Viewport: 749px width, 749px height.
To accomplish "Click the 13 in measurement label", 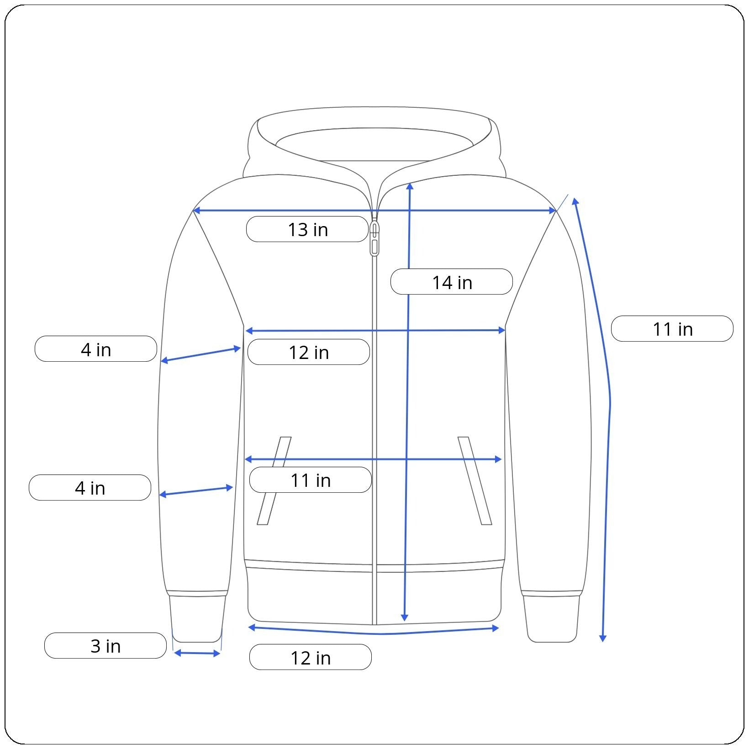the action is (x=307, y=229).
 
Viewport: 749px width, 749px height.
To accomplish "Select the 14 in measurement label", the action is (x=452, y=282).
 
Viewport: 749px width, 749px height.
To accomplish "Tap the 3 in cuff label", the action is (x=105, y=646).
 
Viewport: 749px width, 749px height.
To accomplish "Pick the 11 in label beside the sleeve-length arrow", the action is (x=672, y=329).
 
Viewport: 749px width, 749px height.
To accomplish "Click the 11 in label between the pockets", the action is (x=311, y=480).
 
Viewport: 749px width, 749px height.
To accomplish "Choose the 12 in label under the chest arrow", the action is (x=309, y=352).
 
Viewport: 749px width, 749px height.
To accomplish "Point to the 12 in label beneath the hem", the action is (x=311, y=657).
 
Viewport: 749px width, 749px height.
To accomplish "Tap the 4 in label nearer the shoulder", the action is (x=96, y=349).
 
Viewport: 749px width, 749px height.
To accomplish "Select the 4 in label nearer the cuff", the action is (x=90, y=488).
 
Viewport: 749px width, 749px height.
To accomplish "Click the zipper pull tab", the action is (x=374, y=238).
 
